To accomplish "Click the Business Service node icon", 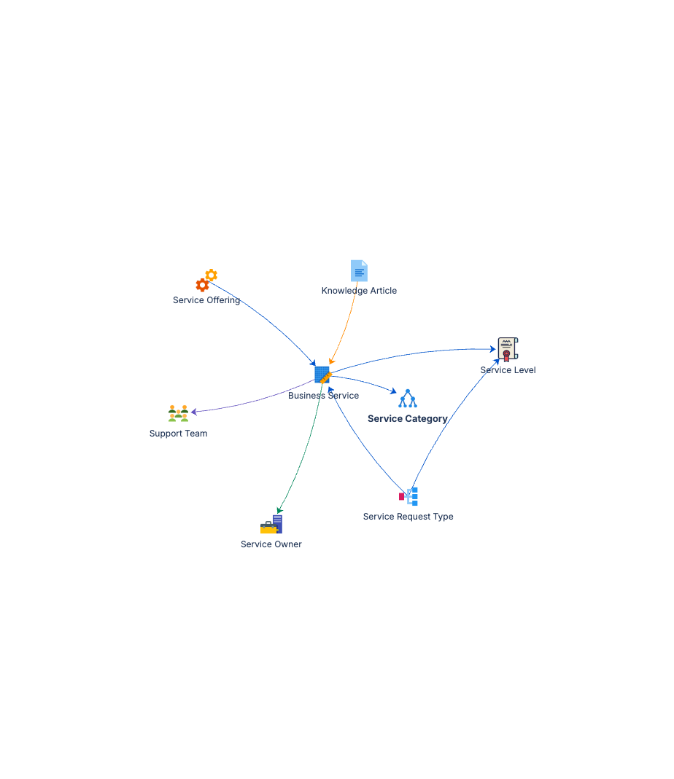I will click(x=322, y=375).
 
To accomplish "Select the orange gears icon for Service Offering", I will click(x=206, y=281).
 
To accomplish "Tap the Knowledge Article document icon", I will click(x=359, y=270).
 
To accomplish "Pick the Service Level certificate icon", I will click(x=507, y=349).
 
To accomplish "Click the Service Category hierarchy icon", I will click(x=407, y=398).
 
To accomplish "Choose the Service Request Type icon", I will click(x=408, y=496).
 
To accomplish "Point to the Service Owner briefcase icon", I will click(x=271, y=525).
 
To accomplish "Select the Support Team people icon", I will click(x=178, y=413).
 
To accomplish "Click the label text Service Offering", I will click(x=206, y=300).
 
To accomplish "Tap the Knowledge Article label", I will click(x=359, y=291).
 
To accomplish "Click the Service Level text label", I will click(x=508, y=370).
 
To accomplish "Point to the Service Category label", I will click(x=407, y=419).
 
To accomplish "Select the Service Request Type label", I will click(x=408, y=517).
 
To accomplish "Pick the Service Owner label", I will click(x=271, y=544).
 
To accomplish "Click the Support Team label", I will click(x=178, y=434).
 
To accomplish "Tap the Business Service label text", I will click(x=323, y=396).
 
